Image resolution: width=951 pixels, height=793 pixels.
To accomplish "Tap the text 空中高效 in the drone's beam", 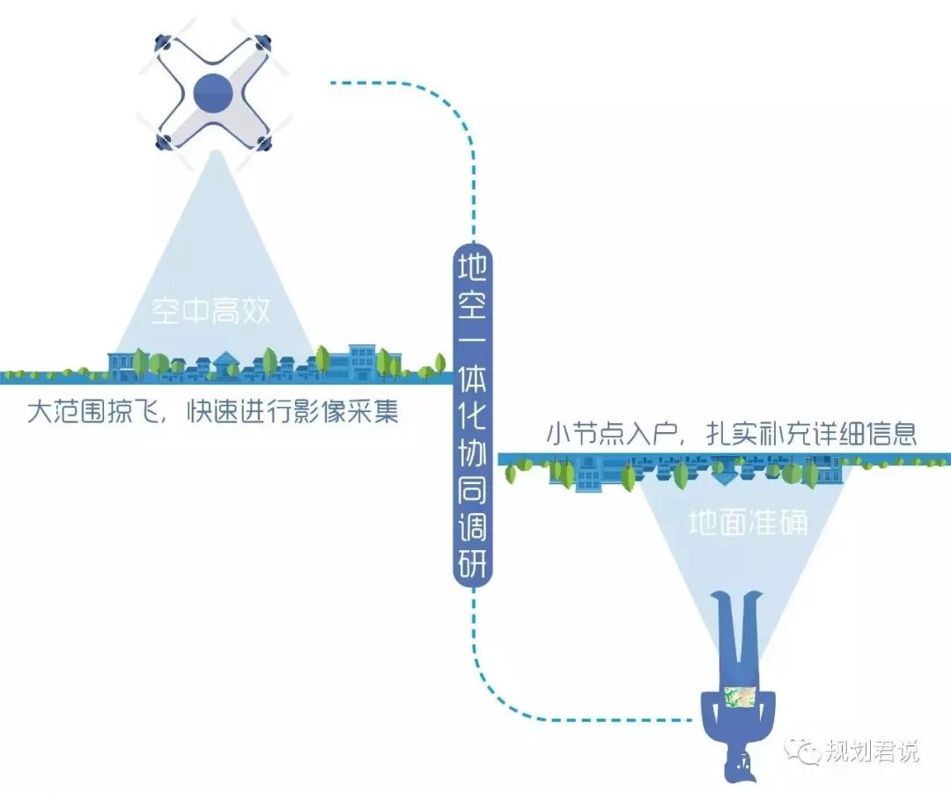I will (x=211, y=311).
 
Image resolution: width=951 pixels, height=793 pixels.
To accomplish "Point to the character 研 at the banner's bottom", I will (x=473, y=563).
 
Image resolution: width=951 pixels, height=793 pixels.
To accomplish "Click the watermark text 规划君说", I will (x=872, y=752).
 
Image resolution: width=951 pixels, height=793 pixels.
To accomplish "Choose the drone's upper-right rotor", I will (x=262, y=40).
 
